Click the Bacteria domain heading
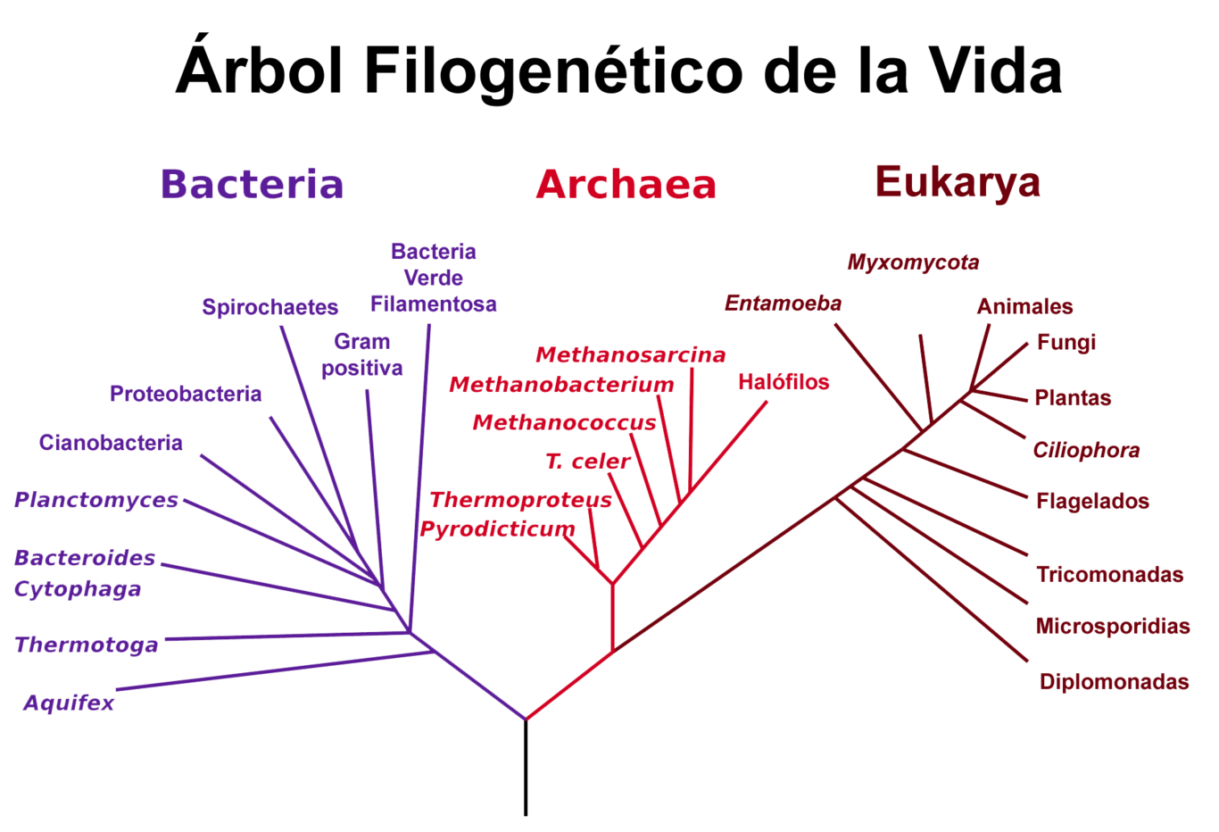click(x=252, y=184)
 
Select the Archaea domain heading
click(x=626, y=184)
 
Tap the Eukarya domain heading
click(x=958, y=181)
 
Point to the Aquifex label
click(x=70, y=703)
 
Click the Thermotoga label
click(x=87, y=645)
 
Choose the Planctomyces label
click(x=96, y=500)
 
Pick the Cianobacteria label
click(x=112, y=443)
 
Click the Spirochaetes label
click(x=270, y=308)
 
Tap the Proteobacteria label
click(x=186, y=394)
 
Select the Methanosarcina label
click(x=630, y=355)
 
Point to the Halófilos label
click(x=784, y=382)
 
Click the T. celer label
click(x=587, y=462)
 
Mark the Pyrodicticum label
click(x=497, y=529)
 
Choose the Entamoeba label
click(x=783, y=304)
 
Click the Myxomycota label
click(x=913, y=262)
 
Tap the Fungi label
click(x=1066, y=343)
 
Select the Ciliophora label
click(x=1086, y=450)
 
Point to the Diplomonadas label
click(x=1115, y=682)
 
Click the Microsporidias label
click(x=1113, y=627)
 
